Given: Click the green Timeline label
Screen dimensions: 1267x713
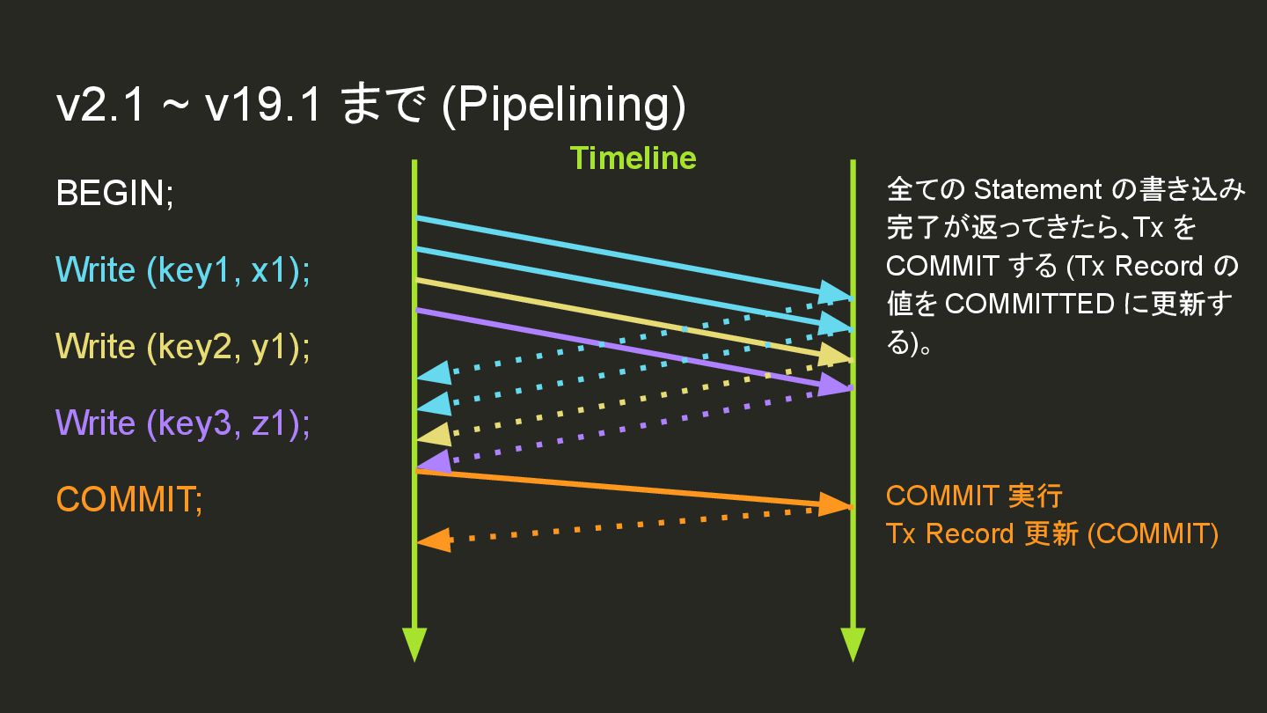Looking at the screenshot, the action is (633, 158).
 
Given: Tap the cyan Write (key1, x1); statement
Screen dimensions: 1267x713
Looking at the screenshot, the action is (183, 270).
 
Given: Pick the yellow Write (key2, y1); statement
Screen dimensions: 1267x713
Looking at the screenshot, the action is (183, 347).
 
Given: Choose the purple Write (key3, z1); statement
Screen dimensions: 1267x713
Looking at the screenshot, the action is (183, 423).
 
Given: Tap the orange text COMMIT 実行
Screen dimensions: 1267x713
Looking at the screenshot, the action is (974, 496).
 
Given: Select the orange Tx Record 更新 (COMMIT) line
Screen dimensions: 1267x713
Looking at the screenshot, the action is (1052, 533).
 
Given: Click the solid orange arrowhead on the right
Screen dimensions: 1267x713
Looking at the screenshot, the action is (834, 505).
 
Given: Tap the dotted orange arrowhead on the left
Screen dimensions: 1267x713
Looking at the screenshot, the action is (435, 540).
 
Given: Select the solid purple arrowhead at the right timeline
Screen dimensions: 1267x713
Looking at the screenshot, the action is (834, 385).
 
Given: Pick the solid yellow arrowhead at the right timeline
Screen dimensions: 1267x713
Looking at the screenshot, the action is (834, 356).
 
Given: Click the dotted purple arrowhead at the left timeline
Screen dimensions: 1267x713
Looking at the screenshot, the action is (434, 462).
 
